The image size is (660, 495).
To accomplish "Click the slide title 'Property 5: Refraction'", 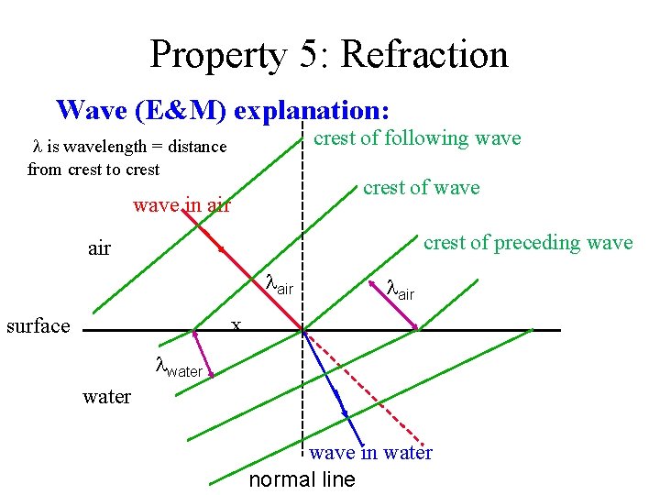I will [328, 54].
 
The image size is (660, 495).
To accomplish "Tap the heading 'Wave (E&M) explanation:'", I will [223, 110].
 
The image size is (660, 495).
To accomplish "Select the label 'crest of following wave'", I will [417, 138].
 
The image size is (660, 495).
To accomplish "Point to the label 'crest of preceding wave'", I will [527, 243].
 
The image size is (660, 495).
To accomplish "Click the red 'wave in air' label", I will [181, 204].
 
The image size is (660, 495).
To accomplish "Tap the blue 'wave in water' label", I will [370, 452].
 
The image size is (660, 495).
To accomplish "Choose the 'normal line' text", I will [302, 479].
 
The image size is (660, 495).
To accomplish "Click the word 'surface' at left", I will [38, 325].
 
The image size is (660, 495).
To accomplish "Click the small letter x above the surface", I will [236, 324].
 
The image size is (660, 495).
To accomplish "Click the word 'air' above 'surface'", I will [99, 248].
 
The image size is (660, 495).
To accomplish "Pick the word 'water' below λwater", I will [106, 397].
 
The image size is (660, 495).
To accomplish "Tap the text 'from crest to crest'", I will [93, 169].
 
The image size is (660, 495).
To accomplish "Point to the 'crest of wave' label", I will [421, 188].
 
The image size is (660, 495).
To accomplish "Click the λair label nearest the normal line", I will [279, 285].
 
